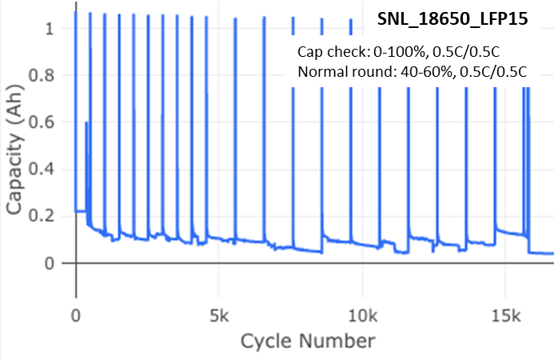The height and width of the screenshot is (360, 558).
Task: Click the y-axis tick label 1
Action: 50,29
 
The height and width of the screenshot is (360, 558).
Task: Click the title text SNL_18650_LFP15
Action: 452,19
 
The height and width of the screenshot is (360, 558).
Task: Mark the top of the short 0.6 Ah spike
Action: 86,122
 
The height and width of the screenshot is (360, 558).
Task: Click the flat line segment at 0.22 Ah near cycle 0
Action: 80,211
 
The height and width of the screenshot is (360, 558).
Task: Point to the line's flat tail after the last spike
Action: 543,254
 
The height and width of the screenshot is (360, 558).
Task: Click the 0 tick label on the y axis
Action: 50,263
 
